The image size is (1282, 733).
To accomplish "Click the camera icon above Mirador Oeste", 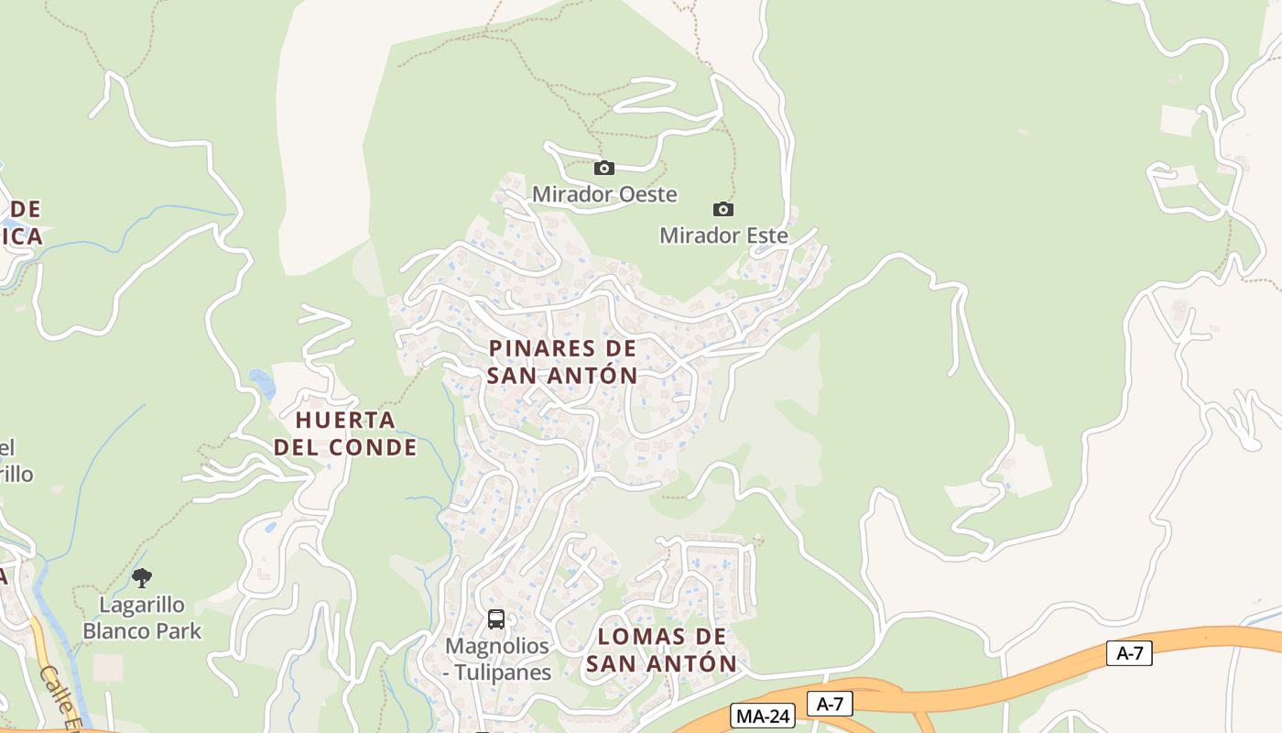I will pos(603,168).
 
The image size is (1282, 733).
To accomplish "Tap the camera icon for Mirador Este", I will pos(723,209).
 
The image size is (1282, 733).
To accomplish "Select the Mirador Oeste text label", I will pos(604,194).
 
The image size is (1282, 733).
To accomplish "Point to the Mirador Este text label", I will pos(723,235).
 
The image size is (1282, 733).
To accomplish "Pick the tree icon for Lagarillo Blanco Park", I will pos(142,577).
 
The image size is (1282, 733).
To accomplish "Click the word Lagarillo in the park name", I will pos(142,606).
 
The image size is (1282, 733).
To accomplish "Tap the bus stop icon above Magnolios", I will pos(495,619).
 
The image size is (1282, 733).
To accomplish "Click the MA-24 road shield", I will pos(762,716).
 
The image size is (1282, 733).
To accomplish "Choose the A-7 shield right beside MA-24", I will pos(830,704).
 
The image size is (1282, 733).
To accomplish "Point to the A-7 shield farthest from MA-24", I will pos(1129,653).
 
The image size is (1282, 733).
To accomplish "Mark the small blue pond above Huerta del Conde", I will pos(261,382).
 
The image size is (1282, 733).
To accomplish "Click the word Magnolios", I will pos(497,646).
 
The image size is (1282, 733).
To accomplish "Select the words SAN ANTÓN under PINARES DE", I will pos(562,376).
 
